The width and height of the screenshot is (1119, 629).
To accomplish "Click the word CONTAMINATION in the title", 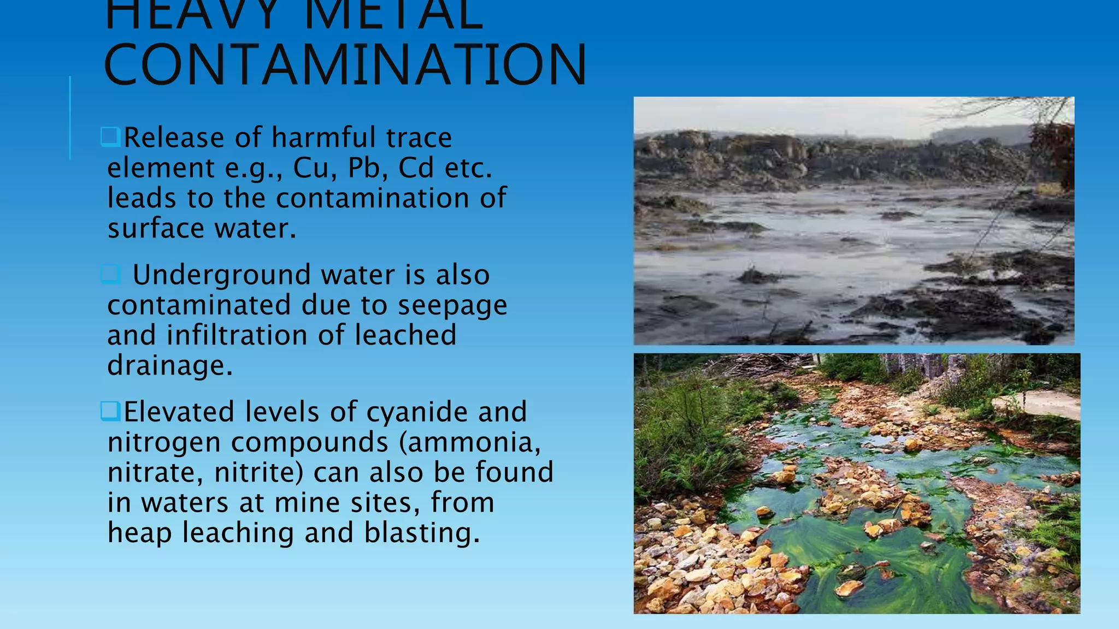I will pyautogui.click(x=344, y=66).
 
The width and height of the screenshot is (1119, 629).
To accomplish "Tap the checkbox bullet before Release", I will pyautogui.click(x=110, y=137).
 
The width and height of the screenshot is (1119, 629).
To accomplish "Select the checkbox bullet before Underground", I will pyautogui.click(x=110, y=274).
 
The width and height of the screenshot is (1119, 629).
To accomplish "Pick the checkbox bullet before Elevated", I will pyautogui.click(x=110, y=411).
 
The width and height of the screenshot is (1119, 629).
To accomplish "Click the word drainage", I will pyautogui.click(x=169, y=366).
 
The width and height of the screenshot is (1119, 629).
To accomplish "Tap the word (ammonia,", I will pyautogui.click(x=470, y=442).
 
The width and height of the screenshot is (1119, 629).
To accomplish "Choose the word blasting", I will pyautogui.click(x=421, y=533).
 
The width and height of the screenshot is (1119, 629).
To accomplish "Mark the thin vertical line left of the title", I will pyautogui.click(x=70, y=117).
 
